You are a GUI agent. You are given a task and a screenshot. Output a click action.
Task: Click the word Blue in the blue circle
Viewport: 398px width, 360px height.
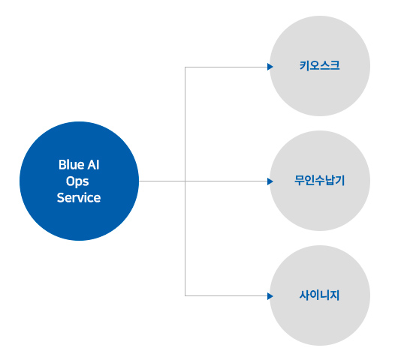71,165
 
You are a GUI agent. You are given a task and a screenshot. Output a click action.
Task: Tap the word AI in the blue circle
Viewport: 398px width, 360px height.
93,165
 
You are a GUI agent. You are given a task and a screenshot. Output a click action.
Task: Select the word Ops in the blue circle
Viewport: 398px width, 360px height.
77,181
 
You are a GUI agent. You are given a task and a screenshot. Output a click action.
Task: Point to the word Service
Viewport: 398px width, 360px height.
79,198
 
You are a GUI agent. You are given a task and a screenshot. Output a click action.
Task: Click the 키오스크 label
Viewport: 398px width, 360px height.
320,66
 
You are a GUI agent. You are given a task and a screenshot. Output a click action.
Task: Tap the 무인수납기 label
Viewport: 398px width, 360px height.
320,181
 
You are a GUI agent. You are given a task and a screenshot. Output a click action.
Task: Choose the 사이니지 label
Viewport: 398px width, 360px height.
320,295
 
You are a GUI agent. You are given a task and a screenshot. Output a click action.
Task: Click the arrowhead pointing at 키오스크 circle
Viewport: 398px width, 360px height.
270,67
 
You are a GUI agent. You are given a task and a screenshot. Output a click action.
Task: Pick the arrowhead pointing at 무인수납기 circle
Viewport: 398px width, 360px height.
270,181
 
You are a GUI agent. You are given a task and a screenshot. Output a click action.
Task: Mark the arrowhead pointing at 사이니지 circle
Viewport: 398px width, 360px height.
270,295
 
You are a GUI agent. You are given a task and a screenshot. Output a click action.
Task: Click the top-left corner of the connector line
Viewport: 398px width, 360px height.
185,67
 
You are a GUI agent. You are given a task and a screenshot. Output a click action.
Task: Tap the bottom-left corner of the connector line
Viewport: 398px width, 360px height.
185,295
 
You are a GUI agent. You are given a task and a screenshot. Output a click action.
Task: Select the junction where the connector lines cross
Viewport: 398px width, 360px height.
185,181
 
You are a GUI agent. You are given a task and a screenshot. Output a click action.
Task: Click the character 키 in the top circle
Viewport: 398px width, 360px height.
304,66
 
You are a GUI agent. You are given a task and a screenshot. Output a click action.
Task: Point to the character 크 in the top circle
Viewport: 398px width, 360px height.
335,66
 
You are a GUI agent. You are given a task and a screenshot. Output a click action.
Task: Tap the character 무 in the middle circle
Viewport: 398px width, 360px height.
300,181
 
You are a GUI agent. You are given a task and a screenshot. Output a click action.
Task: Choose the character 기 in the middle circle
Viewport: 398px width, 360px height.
340,181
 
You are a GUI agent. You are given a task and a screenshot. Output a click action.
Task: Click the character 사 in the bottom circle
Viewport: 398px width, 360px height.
304,295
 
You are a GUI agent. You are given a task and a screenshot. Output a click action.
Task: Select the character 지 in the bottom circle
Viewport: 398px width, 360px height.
335,295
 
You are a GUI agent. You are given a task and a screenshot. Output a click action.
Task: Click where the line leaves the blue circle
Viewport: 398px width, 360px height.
139,181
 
